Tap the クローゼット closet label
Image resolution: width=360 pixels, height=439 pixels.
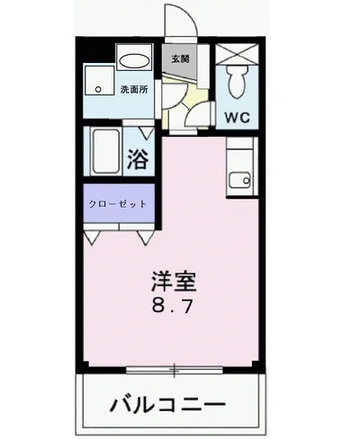pyautogui.click(x=117, y=203)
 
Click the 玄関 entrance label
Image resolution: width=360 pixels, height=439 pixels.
pyautogui.click(x=179, y=59)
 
